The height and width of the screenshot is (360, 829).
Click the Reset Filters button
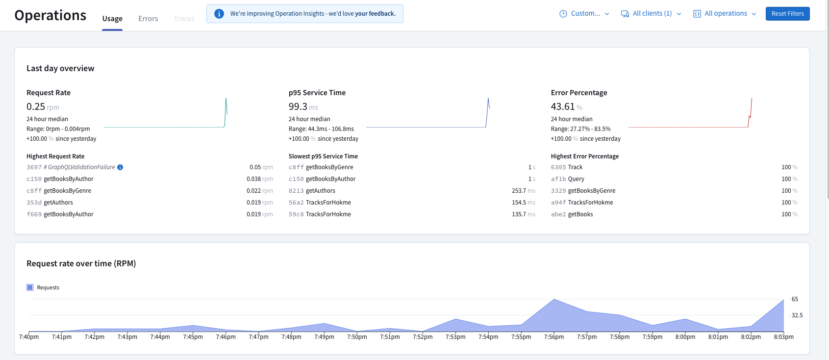click(787, 14)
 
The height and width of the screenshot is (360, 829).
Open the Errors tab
click(148, 19)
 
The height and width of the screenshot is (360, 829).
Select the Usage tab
click(112, 19)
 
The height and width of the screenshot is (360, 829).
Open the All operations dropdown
click(725, 14)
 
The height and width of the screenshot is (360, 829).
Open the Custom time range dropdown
click(584, 14)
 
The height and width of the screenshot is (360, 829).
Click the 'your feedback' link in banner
click(375, 14)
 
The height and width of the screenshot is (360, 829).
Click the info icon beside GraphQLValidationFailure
click(120, 167)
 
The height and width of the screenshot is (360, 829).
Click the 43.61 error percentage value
click(562, 106)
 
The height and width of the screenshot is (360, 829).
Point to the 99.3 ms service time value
click(298, 106)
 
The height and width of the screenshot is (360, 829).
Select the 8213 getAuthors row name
click(320, 191)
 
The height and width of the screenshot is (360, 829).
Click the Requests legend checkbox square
click(30, 287)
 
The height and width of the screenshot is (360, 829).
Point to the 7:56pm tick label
click(554, 337)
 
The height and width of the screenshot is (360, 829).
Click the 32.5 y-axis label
click(797, 315)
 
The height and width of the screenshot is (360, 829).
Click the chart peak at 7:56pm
click(554, 300)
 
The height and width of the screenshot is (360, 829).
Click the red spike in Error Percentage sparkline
click(751, 105)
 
